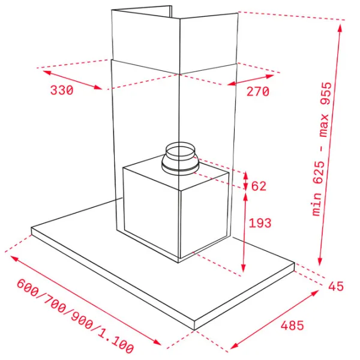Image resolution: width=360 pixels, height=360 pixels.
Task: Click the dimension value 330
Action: click(62, 90)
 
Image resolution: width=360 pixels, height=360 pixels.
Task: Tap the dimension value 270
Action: click(257, 91)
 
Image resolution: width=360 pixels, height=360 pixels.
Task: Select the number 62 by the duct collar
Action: click(259, 186)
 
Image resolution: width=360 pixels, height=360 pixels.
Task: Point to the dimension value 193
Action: click(260, 223)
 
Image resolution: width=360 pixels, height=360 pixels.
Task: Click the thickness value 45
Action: click(336, 286)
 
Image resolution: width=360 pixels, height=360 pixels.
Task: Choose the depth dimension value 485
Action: click(292, 325)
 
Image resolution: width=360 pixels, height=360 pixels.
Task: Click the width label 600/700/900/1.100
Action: click(75, 316)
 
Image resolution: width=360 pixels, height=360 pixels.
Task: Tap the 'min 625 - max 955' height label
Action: click(322, 149)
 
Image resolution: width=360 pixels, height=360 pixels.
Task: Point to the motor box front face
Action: click(151, 211)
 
